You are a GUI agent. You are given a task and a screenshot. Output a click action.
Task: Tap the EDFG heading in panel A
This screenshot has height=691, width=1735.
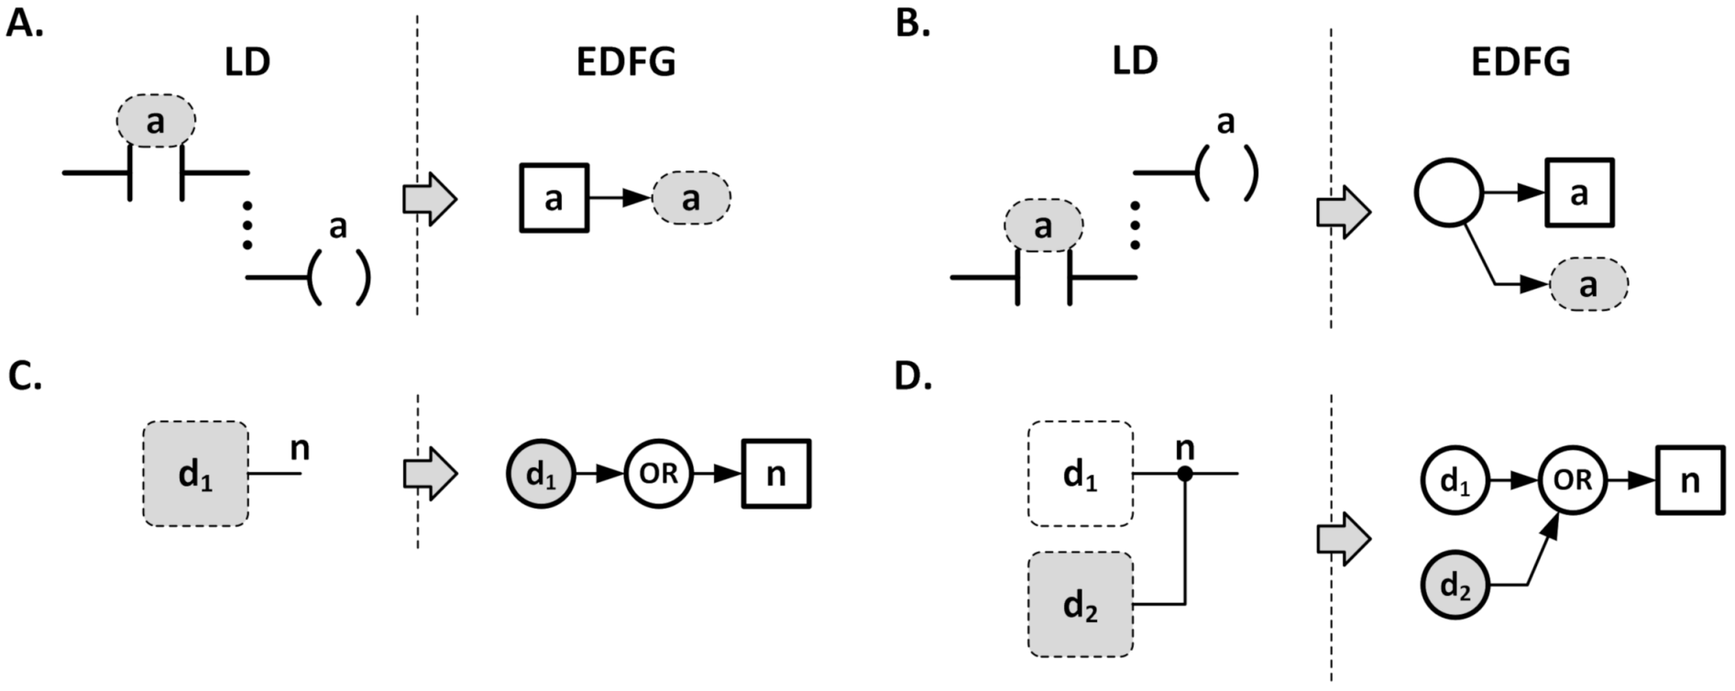(626, 61)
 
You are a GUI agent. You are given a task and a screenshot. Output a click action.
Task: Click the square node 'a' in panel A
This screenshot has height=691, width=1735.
(554, 198)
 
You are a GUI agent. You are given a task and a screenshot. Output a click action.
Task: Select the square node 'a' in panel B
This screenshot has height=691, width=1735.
(1579, 193)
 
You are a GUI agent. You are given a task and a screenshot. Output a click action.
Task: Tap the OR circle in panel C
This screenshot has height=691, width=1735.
(658, 474)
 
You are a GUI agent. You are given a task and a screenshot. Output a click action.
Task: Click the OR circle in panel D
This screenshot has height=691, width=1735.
(1572, 479)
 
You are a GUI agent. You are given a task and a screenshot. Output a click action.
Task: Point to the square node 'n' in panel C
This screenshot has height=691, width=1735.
(776, 474)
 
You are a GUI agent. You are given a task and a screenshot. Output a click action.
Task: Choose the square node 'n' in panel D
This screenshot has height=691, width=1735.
(1689, 480)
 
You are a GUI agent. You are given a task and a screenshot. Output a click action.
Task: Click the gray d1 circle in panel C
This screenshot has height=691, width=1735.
(541, 474)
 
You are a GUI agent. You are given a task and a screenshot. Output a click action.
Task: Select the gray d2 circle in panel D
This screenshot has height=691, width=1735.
(1455, 585)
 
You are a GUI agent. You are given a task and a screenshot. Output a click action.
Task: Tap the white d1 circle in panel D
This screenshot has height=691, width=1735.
(1455, 480)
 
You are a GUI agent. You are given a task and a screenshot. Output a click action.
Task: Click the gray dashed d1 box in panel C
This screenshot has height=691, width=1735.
(194, 474)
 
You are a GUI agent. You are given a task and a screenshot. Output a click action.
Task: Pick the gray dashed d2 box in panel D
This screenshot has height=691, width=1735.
(1081, 604)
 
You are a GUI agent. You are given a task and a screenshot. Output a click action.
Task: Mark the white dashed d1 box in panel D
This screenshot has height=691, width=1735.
(1081, 474)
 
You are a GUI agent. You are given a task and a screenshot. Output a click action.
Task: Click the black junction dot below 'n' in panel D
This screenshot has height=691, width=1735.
(1185, 474)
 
